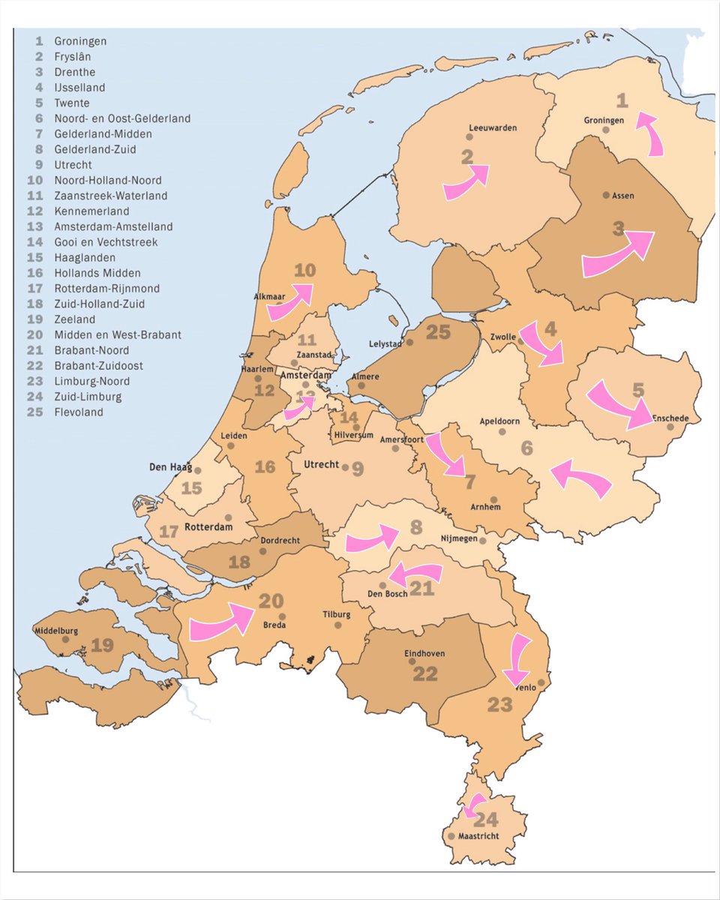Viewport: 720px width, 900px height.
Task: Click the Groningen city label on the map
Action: point(604,120)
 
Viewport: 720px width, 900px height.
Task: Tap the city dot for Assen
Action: point(606,195)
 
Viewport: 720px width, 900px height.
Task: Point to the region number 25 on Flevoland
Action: point(438,331)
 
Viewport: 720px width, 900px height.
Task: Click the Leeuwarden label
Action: point(492,127)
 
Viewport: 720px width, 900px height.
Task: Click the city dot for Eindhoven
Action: point(412,661)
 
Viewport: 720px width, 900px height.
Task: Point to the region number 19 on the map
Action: point(102,645)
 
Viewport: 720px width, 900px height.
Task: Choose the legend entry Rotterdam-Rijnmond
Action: point(106,289)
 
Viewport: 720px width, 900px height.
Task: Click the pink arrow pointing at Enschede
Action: point(619,405)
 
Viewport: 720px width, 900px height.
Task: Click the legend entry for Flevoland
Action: point(79,412)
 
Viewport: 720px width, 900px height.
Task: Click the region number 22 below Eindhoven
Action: point(425,673)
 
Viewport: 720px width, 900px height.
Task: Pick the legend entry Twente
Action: point(71,103)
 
